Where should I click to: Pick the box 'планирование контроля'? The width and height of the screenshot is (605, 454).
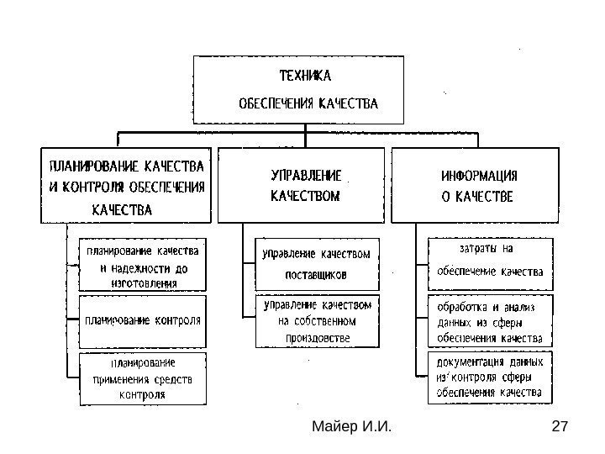coord(141,320)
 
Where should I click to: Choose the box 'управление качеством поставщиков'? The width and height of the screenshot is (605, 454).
coord(316,262)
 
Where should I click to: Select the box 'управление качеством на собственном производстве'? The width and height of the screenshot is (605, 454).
coord(316,320)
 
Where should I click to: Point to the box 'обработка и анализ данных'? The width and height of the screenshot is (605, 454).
coord(491,320)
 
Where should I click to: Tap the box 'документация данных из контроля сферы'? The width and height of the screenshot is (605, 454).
coord(491,377)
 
